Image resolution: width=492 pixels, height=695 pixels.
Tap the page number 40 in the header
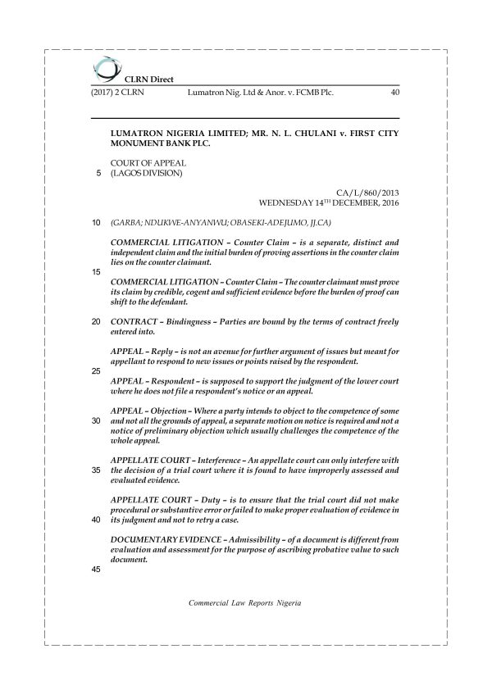coord(394,93)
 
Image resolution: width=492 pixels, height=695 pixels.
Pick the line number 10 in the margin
coord(97,222)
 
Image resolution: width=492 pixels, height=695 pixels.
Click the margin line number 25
coord(97,371)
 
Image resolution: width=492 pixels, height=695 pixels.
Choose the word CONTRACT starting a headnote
coord(134,320)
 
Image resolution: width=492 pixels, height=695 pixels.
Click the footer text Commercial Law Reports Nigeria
coord(245,602)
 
